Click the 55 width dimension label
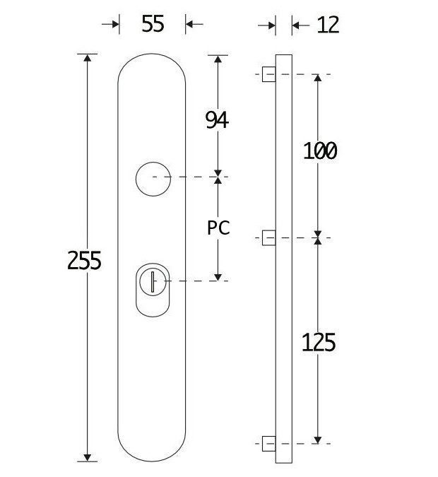click(153, 24)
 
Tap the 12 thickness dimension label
click(328, 25)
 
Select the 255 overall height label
click(85, 261)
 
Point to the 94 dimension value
click(217, 121)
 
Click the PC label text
click(218, 228)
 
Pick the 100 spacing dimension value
click(319, 151)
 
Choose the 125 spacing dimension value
click(319, 343)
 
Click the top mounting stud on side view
click(268, 73)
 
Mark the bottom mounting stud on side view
click(268, 444)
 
